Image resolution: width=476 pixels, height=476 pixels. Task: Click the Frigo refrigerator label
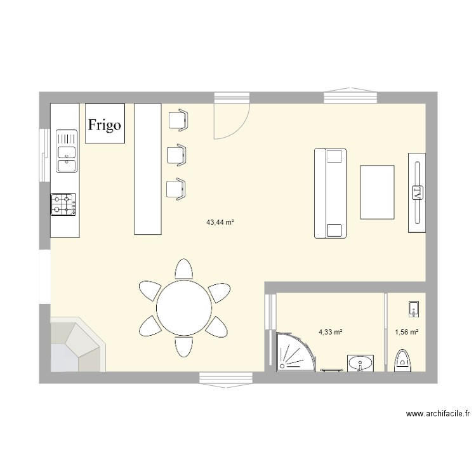[x=105, y=124]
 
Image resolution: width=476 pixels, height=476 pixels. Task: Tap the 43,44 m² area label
[x=220, y=223]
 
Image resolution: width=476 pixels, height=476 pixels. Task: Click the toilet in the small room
[x=403, y=360]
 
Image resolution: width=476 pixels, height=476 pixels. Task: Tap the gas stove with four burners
[x=64, y=204]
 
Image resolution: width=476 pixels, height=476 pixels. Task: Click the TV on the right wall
[x=417, y=192]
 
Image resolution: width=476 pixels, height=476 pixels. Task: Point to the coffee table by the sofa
[x=377, y=192]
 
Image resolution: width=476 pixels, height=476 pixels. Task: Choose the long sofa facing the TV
[x=331, y=193]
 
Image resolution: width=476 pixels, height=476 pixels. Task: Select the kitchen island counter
[x=147, y=169]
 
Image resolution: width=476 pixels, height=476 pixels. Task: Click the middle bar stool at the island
[x=176, y=154]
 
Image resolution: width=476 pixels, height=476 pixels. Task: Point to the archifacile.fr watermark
[x=438, y=414]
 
